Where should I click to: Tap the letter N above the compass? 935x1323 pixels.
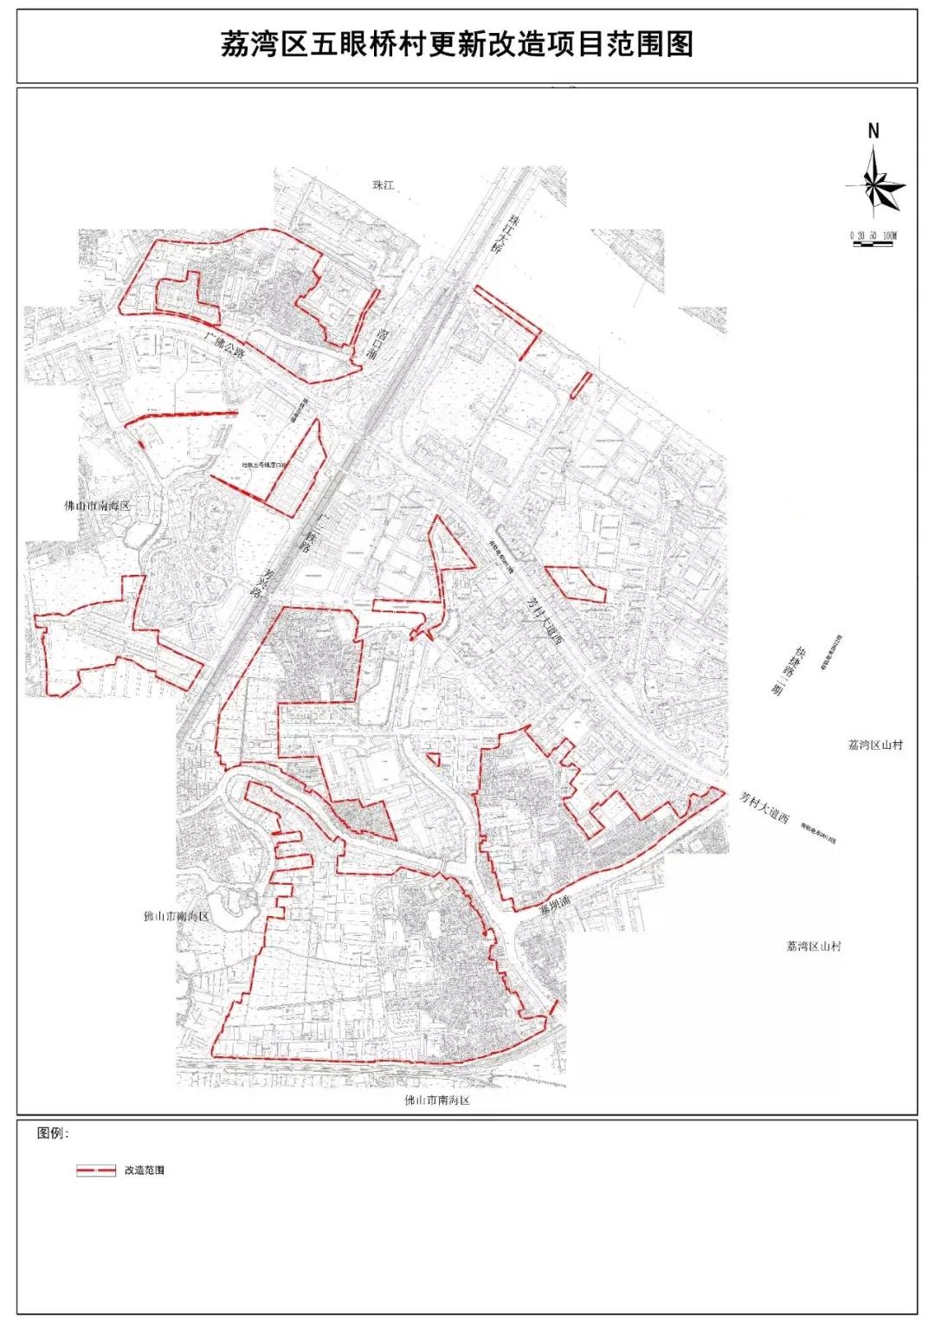coord(874,132)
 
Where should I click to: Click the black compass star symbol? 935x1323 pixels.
coord(877,184)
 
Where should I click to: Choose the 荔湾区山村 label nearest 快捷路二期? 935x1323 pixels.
coord(875,745)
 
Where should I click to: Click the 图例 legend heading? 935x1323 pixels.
coord(53,1133)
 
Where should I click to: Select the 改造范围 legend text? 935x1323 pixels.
coord(144,1171)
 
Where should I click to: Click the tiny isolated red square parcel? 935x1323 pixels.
coord(434,759)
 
